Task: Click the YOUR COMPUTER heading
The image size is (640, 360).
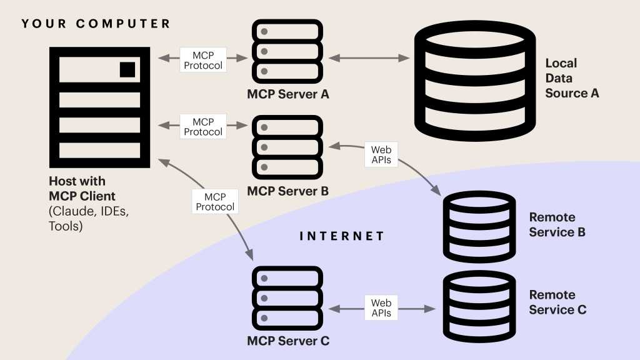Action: click(96, 24)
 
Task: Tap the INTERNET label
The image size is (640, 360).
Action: click(342, 236)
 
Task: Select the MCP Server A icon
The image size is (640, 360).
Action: click(287, 52)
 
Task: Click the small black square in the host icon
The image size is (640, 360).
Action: click(127, 69)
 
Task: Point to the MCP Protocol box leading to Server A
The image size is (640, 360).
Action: click(203, 59)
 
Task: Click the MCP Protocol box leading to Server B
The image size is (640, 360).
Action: click(203, 126)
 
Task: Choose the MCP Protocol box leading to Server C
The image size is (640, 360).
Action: click(215, 201)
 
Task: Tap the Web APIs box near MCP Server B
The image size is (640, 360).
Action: click(381, 155)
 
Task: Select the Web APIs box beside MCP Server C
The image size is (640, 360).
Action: click(381, 307)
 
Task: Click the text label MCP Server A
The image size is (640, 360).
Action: click(287, 94)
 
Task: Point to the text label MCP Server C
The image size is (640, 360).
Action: click(287, 341)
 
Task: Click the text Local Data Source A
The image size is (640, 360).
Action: click(571, 78)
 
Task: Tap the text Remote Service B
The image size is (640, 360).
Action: click(557, 225)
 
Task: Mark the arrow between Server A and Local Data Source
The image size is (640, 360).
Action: click(369, 58)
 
